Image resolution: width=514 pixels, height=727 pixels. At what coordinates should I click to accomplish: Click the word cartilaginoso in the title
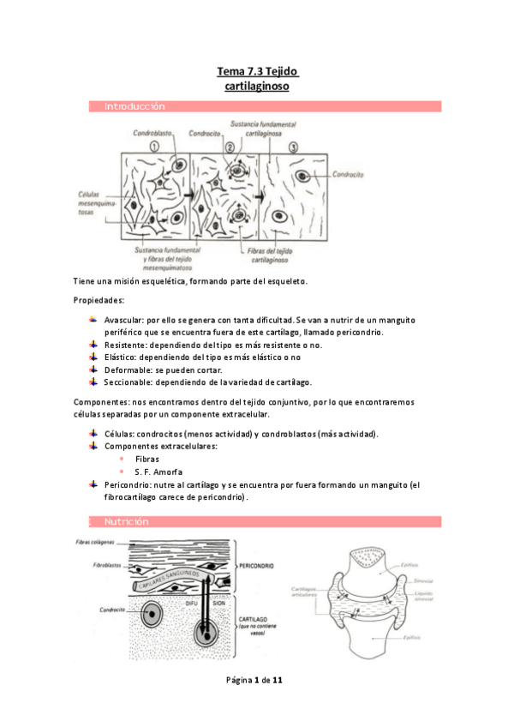pos(256,87)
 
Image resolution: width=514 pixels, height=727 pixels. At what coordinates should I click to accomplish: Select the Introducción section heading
pos(134,106)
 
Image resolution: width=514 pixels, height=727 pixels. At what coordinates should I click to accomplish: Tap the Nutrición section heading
pos(126,521)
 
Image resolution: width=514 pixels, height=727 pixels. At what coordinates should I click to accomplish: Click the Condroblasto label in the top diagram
pos(151,134)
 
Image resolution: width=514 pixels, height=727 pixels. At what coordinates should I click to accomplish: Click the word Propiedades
pos(99,301)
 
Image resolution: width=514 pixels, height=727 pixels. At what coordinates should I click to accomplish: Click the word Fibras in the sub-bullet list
pos(147,459)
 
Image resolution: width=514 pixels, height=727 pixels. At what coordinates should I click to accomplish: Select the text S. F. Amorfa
pos(158,472)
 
